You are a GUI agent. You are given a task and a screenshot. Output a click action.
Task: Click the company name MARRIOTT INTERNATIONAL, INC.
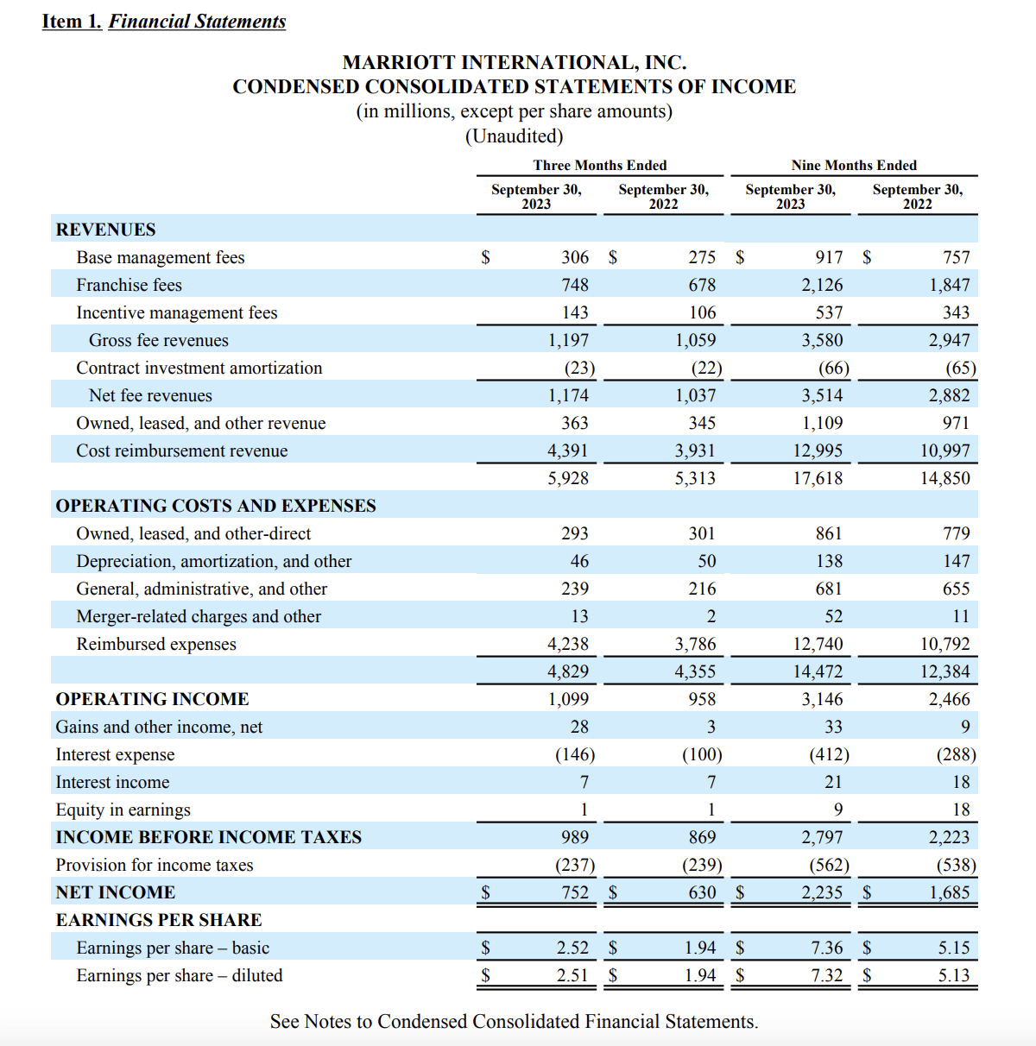[514, 62]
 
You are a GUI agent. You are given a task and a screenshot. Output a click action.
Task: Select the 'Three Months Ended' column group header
[599, 165]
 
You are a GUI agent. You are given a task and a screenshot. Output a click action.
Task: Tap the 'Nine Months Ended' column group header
[854, 165]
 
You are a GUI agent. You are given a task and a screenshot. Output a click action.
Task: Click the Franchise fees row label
[129, 285]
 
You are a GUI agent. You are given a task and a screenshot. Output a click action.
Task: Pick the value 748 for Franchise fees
[574, 285]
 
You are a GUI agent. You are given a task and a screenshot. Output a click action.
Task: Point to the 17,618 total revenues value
[818, 478]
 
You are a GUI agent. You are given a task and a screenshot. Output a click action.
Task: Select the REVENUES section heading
[105, 230]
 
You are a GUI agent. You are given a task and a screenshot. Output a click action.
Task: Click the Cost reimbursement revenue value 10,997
[944, 451]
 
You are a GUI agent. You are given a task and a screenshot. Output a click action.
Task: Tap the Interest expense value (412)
[829, 754]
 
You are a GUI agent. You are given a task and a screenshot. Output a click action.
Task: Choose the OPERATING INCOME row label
[152, 699]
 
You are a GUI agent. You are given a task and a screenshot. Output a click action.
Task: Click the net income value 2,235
[821, 892]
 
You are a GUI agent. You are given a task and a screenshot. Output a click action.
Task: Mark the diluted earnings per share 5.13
[954, 975]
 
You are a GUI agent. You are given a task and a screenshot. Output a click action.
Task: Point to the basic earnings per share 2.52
[572, 948]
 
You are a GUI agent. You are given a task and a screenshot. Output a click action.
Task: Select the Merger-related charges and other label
[199, 616]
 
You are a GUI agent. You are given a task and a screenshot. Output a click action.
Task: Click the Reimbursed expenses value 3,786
[695, 644]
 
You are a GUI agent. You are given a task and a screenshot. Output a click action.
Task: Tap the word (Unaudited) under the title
[514, 136]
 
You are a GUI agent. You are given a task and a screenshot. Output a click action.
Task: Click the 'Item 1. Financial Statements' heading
[164, 22]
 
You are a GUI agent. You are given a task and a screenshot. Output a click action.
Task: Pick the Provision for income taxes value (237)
[574, 865]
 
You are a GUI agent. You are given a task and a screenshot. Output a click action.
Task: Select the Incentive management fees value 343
[956, 312]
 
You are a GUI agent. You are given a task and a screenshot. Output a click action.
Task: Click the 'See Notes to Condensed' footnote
[514, 1022]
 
